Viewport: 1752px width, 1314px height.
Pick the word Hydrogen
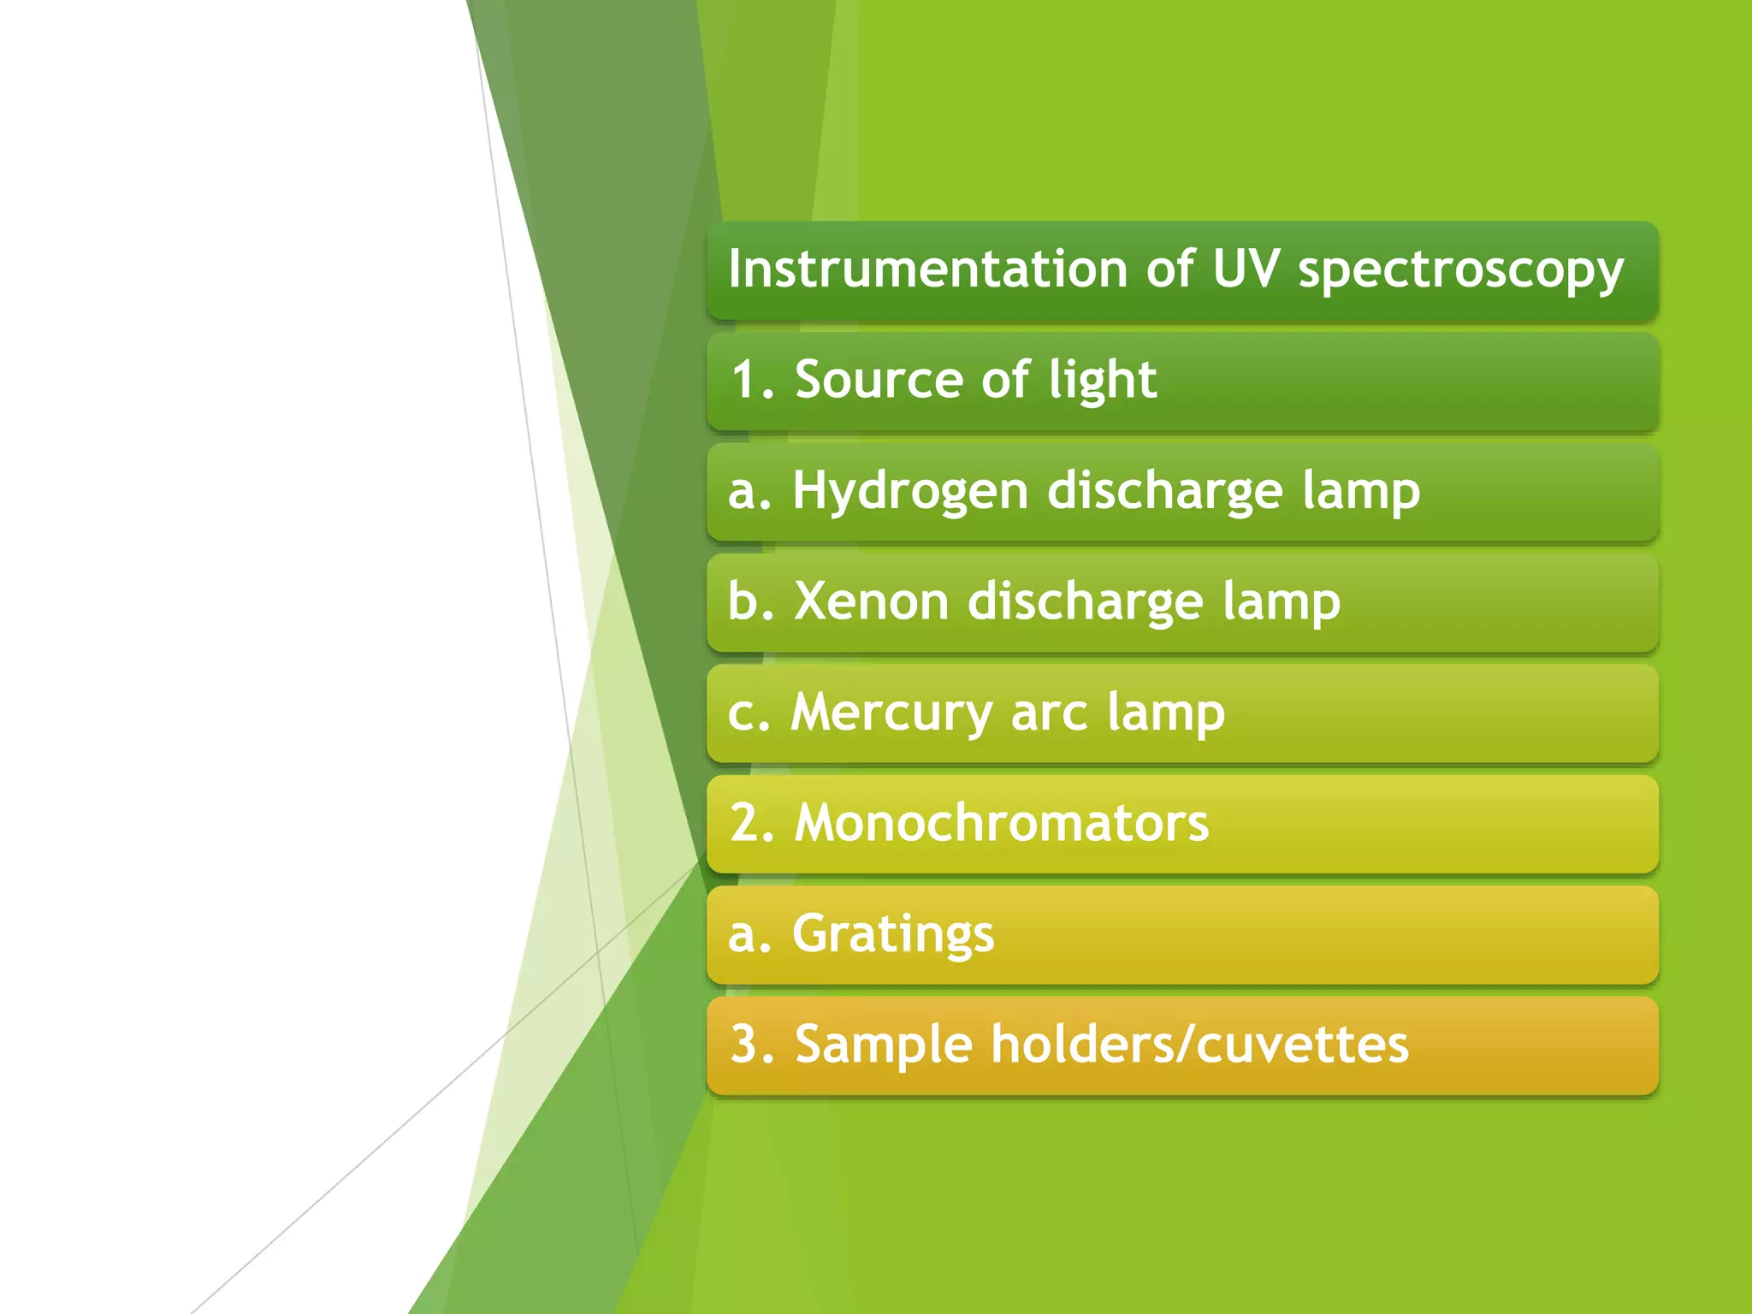[910, 493]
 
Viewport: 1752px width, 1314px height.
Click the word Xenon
[872, 601]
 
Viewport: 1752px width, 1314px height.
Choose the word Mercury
[891, 713]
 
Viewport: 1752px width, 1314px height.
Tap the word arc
[1049, 713]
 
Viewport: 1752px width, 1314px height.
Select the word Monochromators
[1002, 823]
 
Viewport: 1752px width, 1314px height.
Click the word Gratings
[893, 935]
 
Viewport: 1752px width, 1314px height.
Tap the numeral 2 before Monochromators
[744, 823]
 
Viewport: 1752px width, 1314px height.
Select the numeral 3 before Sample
[744, 1045]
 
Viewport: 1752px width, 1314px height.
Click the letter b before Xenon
[741, 601]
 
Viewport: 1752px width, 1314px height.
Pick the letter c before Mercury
[741, 713]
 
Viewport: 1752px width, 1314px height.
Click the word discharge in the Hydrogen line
[1165, 493]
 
